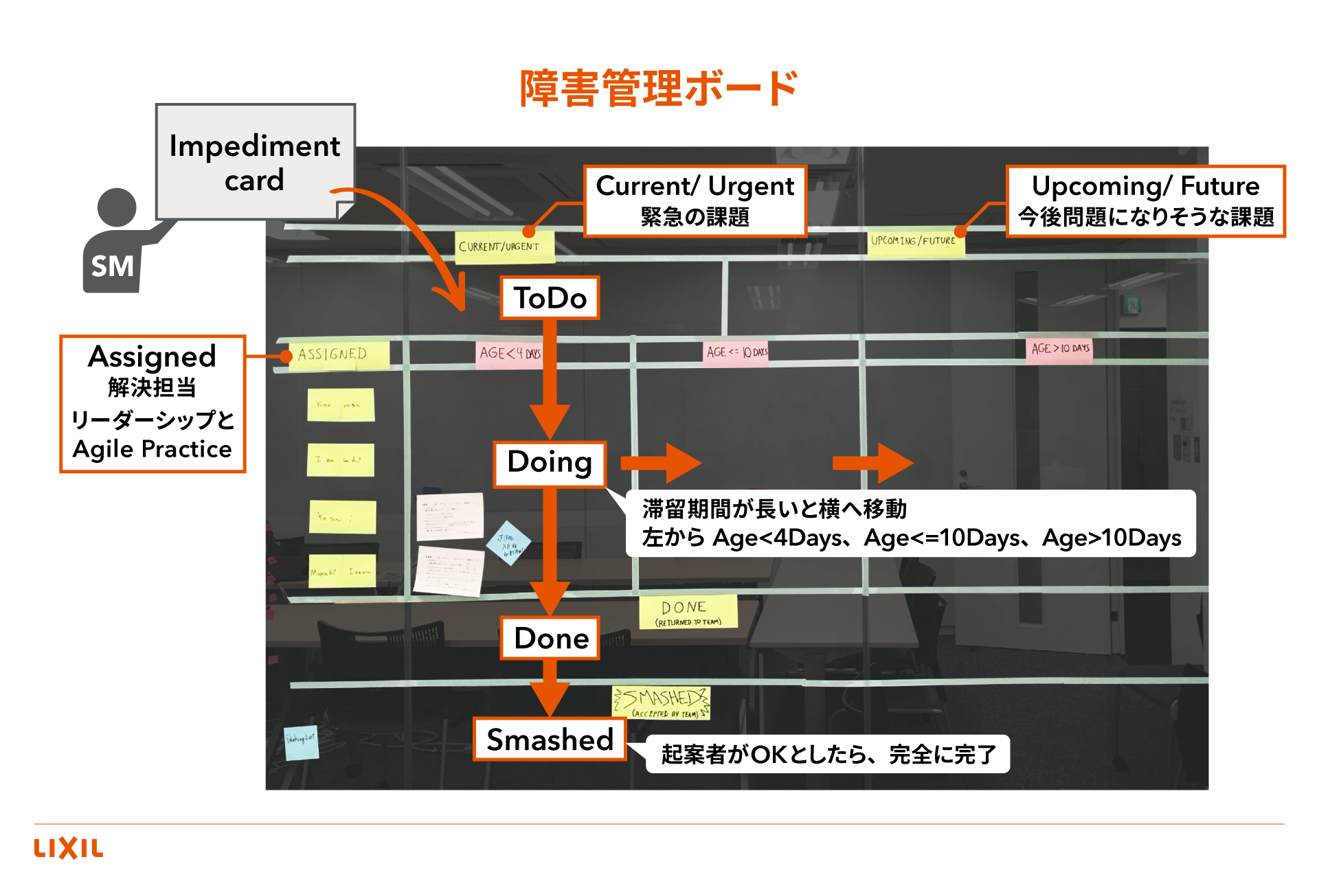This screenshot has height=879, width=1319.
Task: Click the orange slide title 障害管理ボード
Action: (x=658, y=89)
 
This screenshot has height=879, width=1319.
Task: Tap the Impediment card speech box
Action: (x=255, y=163)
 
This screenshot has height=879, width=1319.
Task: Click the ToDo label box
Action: (x=550, y=298)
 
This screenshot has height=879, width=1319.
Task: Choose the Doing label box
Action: (x=550, y=464)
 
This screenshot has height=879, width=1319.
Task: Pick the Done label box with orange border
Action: (x=550, y=638)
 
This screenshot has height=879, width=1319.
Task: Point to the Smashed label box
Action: (x=550, y=740)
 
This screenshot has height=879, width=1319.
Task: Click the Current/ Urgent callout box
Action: (x=695, y=201)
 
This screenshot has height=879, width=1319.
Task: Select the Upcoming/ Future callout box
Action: (x=1145, y=201)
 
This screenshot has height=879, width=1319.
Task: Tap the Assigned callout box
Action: (x=153, y=403)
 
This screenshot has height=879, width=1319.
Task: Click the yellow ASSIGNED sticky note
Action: (x=338, y=355)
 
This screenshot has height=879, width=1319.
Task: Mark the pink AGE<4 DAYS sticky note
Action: (x=509, y=354)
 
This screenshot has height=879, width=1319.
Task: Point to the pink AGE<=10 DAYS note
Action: (x=736, y=352)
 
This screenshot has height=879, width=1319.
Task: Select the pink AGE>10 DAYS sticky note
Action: (x=1059, y=349)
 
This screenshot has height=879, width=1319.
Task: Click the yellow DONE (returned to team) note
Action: (x=688, y=612)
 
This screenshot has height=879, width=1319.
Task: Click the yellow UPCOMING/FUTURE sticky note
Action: (x=915, y=242)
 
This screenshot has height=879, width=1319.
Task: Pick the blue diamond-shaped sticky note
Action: (x=508, y=543)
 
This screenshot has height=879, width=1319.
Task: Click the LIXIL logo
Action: (x=69, y=848)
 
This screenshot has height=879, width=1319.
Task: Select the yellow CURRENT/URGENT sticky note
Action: (x=504, y=247)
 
